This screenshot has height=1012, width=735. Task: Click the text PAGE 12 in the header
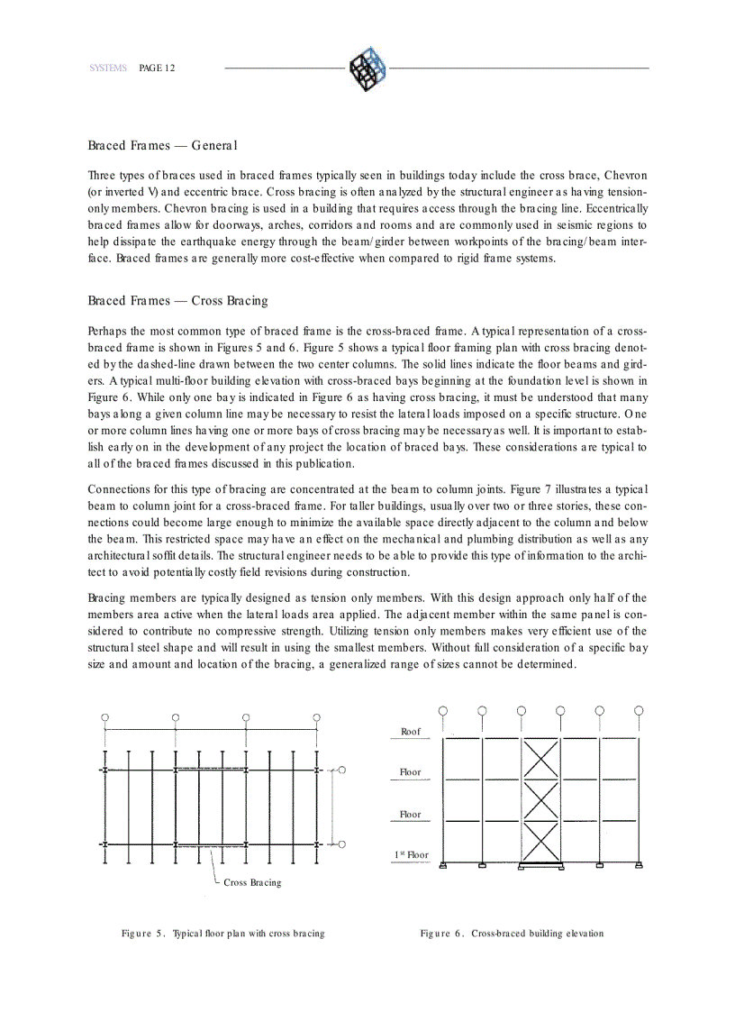158,68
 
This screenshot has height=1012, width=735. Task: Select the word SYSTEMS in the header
107,68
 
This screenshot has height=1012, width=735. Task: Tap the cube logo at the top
367,68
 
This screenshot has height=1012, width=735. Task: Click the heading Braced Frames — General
150,145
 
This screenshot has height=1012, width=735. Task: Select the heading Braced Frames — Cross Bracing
177,300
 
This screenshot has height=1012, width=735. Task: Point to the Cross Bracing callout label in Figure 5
252,882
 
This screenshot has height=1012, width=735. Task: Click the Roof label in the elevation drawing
411,732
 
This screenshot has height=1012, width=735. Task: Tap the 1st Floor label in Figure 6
411,854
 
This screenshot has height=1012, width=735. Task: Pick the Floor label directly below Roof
411,772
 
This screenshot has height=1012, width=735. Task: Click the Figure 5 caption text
223,934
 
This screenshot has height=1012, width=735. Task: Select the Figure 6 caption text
512,934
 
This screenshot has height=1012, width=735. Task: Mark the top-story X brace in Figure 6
540,758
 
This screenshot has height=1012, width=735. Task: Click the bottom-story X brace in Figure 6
540,843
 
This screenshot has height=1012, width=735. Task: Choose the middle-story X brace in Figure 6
540,800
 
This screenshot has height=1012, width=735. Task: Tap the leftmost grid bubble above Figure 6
442,711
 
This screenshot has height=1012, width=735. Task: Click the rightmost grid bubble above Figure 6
639,711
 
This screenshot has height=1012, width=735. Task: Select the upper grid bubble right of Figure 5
342,770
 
